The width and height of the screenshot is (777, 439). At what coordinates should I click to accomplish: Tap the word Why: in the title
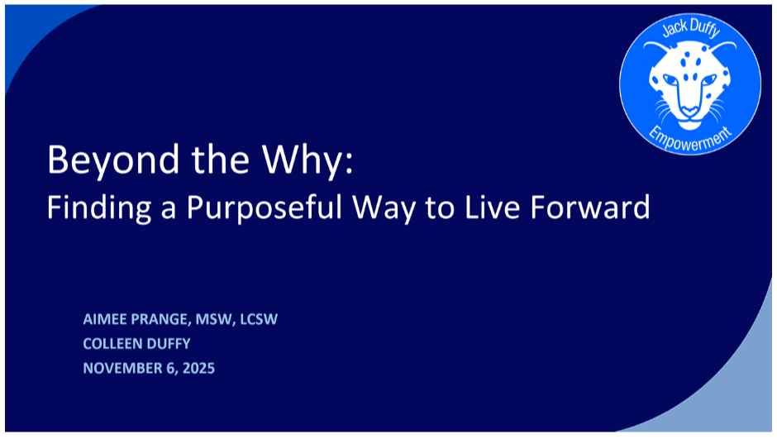[x=308, y=160]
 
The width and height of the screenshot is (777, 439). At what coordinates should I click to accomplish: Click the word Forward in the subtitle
[x=589, y=207]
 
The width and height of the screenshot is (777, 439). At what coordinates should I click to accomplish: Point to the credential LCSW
[x=259, y=319]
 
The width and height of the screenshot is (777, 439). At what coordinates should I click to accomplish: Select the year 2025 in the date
[x=198, y=368]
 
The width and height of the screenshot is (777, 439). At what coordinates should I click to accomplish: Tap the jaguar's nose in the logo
[x=689, y=110]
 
